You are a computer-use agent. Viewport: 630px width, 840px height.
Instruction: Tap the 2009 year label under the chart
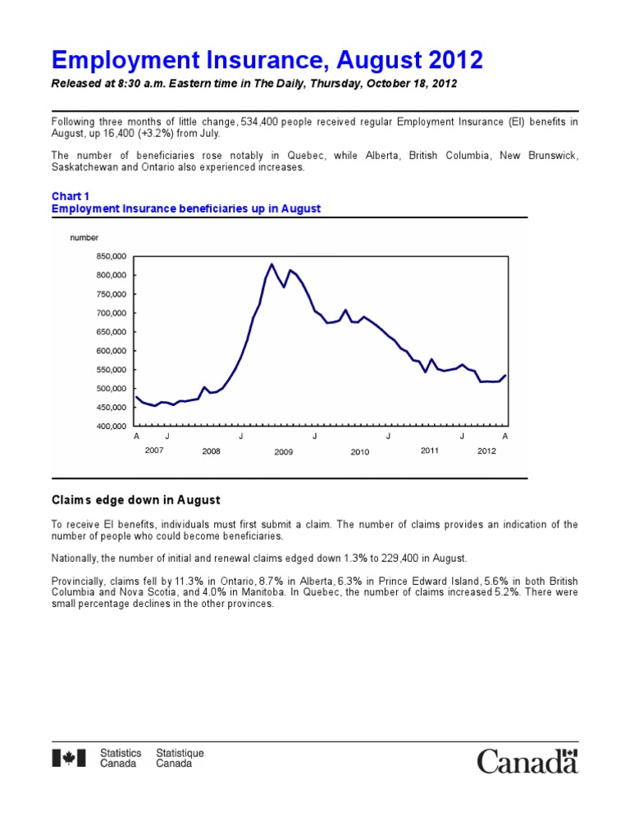[284, 452]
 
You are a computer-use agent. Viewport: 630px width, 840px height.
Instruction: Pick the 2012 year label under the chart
[486, 450]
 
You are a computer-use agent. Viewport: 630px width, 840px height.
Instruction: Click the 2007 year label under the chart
[153, 450]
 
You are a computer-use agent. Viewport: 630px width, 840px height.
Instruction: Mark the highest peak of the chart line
[272, 264]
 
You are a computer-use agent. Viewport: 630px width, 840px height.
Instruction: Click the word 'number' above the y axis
[85, 237]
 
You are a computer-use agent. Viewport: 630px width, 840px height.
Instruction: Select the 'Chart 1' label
[70, 197]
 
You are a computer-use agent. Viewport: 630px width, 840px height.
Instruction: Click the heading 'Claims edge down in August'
[135, 500]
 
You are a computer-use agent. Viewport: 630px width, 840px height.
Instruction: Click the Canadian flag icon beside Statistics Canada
[69, 758]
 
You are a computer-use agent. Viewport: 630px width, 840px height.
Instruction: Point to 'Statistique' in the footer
[180, 753]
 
